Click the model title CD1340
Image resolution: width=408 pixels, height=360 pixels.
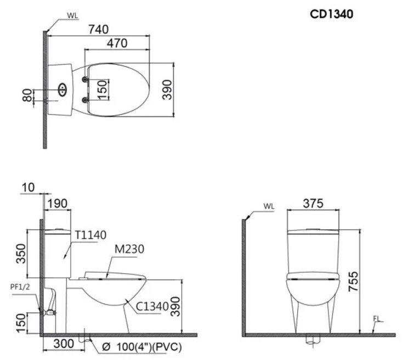(331, 14)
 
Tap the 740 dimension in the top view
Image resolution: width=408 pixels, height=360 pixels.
(98, 30)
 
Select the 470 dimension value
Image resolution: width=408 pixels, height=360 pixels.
(117, 43)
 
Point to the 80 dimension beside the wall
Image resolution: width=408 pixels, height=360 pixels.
(27, 95)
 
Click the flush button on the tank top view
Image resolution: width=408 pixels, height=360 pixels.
(62, 90)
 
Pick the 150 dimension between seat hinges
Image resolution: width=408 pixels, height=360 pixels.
(103, 90)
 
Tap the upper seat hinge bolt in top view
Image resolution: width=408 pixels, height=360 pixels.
(84, 80)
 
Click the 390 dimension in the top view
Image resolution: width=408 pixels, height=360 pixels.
(167, 90)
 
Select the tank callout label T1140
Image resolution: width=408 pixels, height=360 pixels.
(91, 235)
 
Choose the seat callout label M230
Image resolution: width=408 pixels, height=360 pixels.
(129, 249)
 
